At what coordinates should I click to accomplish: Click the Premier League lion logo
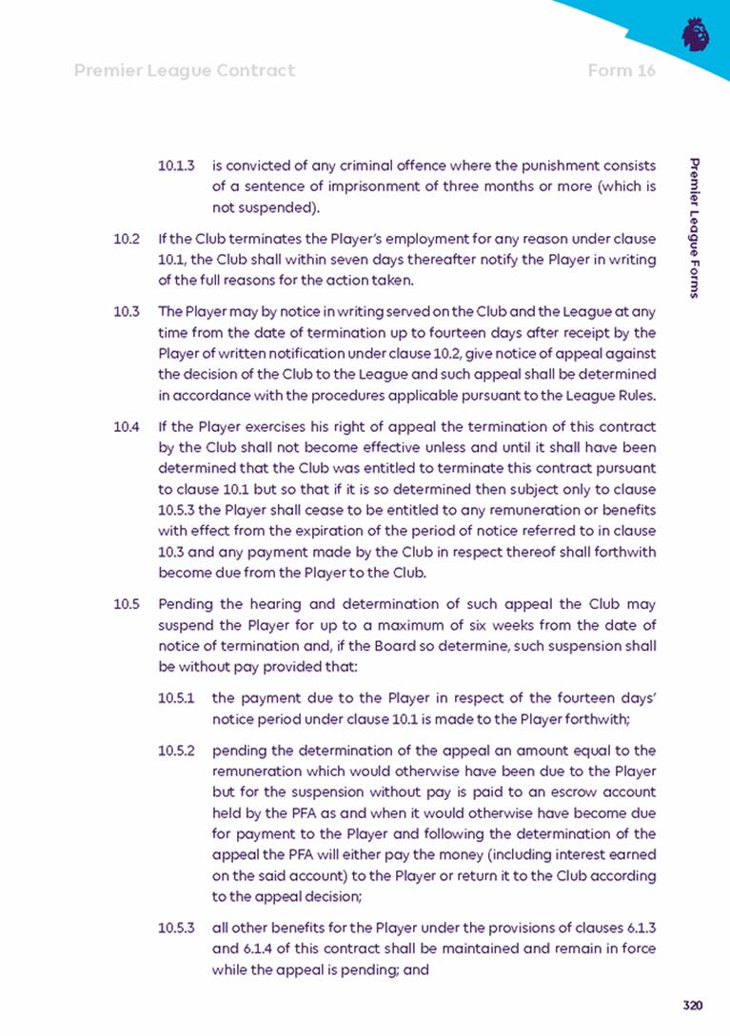coord(696,34)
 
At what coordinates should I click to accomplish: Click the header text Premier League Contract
coord(184,70)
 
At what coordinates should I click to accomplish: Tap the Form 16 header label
coord(621,70)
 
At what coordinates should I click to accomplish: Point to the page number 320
coord(692,1006)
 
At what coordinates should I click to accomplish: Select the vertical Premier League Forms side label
coord(697,228)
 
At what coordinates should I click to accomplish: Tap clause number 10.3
coord(127,310)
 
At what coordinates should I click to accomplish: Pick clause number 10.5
coord(127,603)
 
